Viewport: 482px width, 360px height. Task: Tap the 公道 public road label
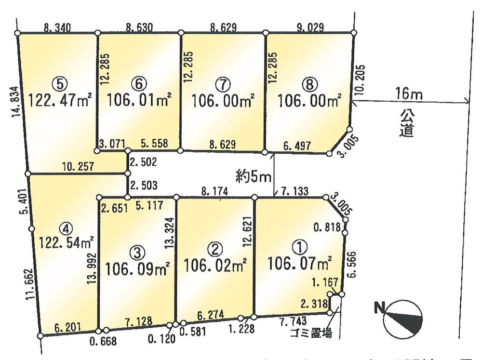tap(407, 123)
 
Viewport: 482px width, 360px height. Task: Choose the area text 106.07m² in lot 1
tap(300, 264)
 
